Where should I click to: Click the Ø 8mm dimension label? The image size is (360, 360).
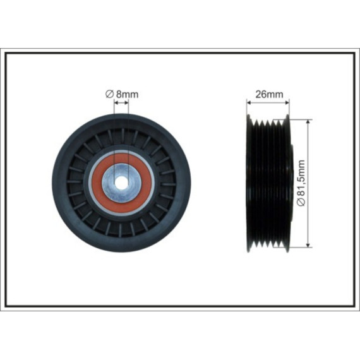122,94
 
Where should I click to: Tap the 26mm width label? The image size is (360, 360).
269,94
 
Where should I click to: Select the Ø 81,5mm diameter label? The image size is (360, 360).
301,183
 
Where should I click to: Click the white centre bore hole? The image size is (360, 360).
121,183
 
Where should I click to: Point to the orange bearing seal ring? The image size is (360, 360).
121,159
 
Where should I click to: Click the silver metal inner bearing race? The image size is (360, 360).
121,169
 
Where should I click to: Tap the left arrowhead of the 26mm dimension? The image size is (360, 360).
249,102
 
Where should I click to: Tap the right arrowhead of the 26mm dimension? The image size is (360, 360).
287,102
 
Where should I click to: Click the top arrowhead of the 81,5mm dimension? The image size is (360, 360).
308,122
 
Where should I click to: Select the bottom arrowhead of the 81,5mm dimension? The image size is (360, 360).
308,245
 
